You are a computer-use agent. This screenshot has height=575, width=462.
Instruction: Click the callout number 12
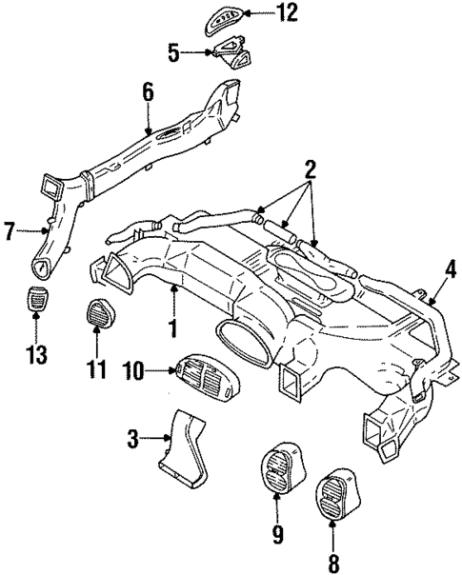click(x=260, y=12)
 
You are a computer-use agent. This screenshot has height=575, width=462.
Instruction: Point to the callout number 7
click(x=8, y=230)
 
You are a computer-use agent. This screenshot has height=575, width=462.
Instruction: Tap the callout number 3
click(x=134, y=440)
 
